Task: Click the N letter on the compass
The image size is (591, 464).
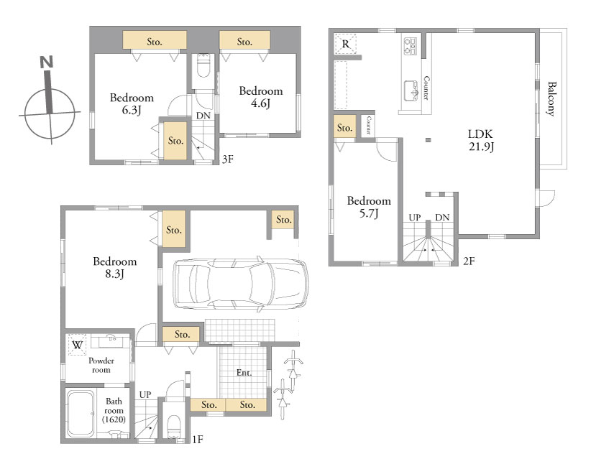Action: click(46, 62)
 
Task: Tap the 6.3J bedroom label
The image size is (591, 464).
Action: click(132, 104)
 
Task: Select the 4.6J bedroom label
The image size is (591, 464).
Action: click(261, 97)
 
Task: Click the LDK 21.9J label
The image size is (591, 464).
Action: click(480, 140)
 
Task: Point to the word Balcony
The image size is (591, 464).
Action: click(551, 98)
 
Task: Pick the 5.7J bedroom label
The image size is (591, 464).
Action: click(369, 207)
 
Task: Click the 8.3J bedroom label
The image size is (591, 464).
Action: click(114, 267)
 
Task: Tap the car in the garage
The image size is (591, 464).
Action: click(240, 283)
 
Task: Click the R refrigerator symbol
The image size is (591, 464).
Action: click(345, 44)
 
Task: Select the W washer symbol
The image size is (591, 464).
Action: click(77, 345)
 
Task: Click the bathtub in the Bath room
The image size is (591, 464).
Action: click(81, 414)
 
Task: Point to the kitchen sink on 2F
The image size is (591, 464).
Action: click(411, 91)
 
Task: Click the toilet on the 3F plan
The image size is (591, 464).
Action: click(203, 65)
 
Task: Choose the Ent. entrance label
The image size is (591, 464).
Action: click(244, 373)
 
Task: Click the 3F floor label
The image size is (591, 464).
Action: click(228, 159)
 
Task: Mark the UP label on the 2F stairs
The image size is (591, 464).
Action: click(415, 218)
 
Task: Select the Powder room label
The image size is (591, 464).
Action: click(101, 365)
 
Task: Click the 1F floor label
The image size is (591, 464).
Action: click(198, 439)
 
